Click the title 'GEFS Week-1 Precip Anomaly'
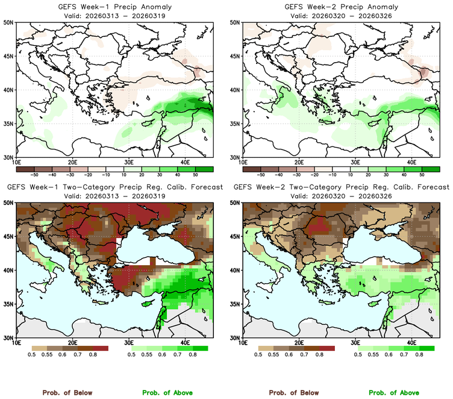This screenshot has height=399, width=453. click(114, 6)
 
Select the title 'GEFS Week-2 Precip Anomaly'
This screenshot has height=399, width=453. click(340, 6)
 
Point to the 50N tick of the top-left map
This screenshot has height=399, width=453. click(8, 23)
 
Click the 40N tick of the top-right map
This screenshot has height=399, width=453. click(234, 90)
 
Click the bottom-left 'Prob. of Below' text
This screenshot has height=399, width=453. click(67, 392)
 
